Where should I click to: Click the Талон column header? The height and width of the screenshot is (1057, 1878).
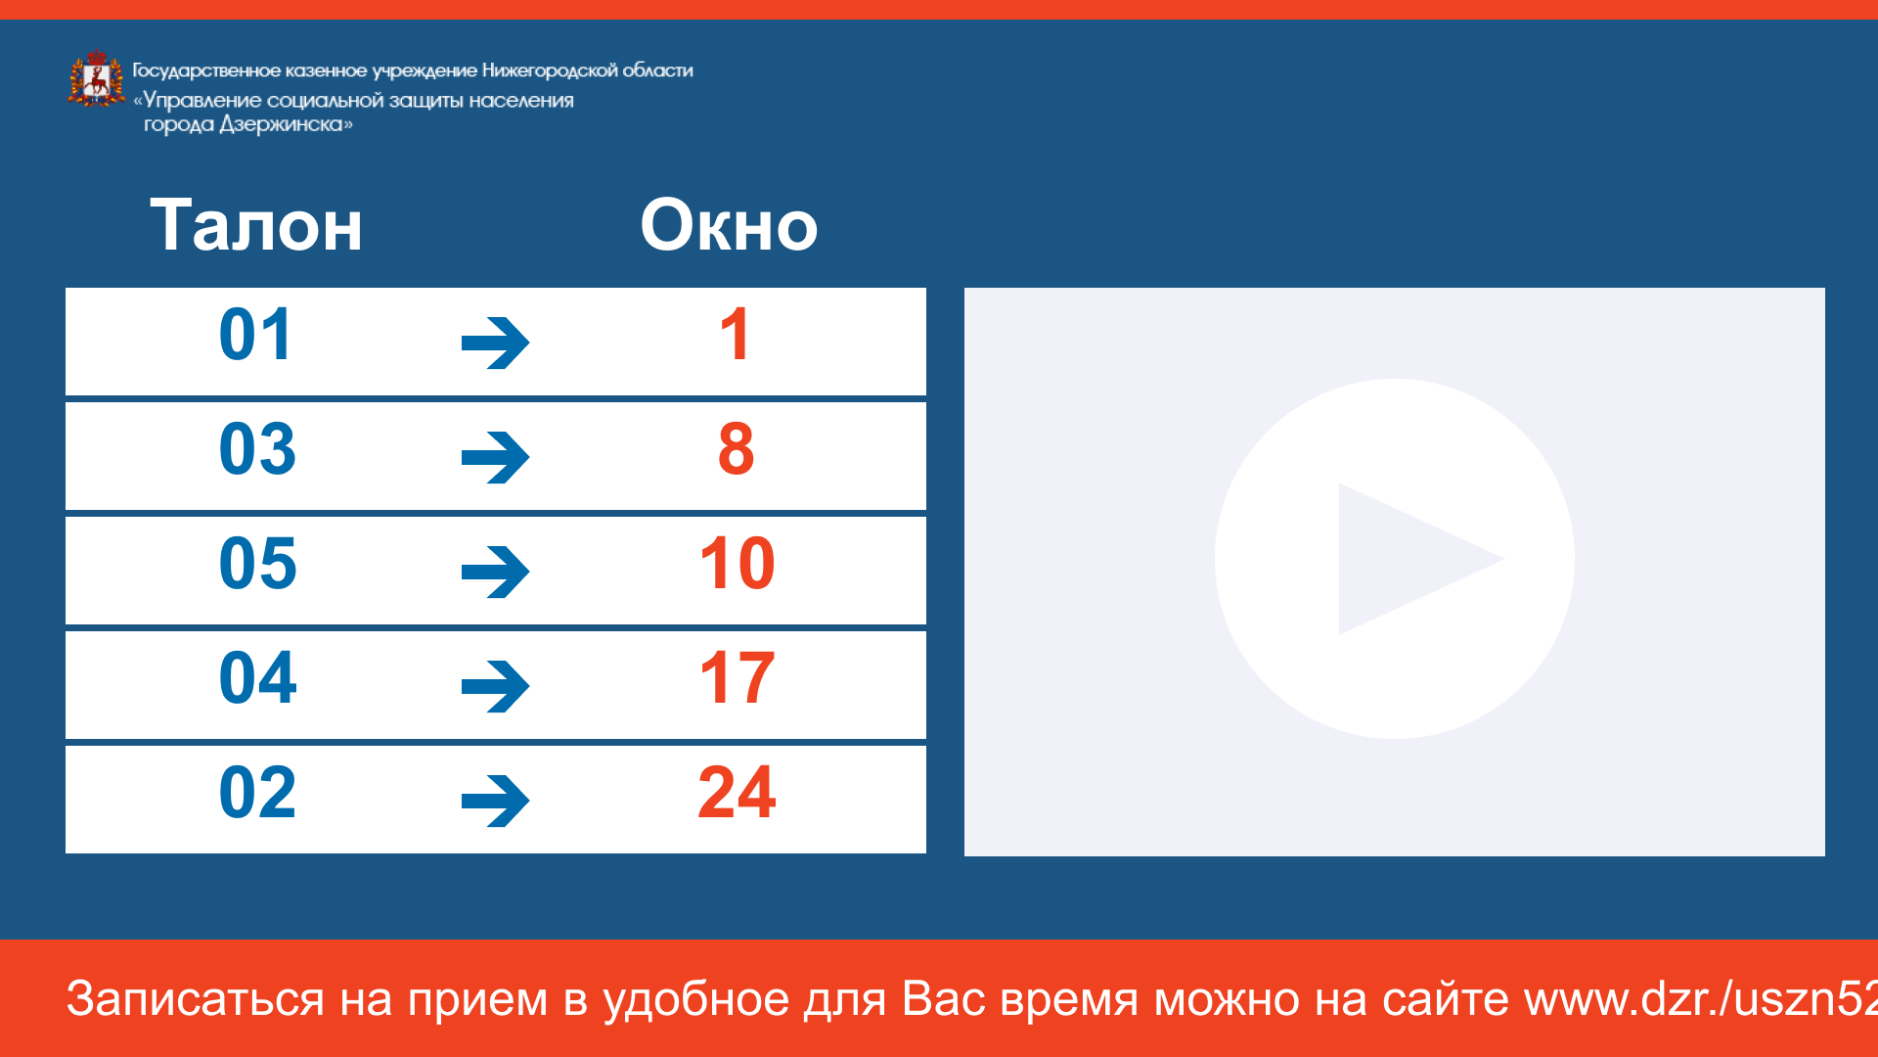(256, 225)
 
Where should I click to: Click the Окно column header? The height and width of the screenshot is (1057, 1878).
(729, 225)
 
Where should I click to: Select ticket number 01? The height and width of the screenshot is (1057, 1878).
(256, 335)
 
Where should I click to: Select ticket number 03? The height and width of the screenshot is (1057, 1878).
(257, 449)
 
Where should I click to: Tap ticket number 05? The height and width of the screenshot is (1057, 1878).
(257, 564)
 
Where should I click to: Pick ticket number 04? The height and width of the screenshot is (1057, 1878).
(257, 677)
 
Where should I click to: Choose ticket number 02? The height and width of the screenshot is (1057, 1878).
(257, 792)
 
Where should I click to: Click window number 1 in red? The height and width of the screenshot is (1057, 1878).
(735, 335)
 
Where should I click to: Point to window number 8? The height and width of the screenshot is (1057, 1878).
(737, 449)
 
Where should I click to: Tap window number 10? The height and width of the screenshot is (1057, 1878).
(738, 564)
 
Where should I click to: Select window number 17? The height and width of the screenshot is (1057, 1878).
(738, 677)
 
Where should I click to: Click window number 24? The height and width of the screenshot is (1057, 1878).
(738, 792)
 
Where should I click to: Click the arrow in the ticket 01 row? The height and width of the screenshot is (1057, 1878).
(496, 343)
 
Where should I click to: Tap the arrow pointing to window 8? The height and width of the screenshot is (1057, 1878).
(496, 457)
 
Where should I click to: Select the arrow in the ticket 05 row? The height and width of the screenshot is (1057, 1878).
(496, 572)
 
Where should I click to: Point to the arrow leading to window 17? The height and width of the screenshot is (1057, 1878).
(496, 686)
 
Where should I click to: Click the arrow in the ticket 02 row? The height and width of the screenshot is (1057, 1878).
(496, 801)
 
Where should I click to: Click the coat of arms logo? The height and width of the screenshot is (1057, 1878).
(96, 78)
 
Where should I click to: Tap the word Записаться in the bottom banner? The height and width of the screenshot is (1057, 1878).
(195, 999)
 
